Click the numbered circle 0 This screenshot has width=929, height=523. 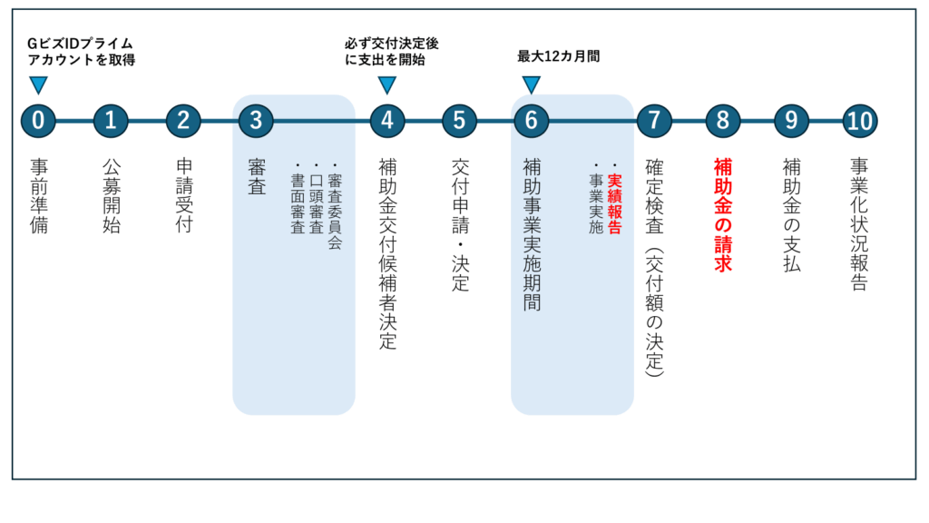pos(38,121)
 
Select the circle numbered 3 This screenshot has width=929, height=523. pos(256,121)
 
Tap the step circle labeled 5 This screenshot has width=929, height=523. pos(460,121)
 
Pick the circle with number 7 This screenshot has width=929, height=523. pos(654,121)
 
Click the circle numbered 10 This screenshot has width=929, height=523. pos(860,121)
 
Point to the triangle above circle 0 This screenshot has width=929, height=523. pos(38,84)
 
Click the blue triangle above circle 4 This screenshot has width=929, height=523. pos(386,84)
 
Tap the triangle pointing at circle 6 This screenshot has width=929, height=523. pos(532,84)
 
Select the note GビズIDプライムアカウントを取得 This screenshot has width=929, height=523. pos(81,52)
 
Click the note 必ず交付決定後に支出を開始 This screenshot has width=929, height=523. pos(392,52)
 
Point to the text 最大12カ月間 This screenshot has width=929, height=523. pos(559,56)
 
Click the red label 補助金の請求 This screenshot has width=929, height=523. pos(723,214)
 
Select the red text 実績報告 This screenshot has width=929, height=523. pos(615,203)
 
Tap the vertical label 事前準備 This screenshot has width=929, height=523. pos(39,196)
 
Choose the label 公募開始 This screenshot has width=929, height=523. pos(112,196)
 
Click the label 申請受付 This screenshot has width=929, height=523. pos(184,196)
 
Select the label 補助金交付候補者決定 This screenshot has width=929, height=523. pos(387,253)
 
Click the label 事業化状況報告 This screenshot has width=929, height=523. pos(859,224)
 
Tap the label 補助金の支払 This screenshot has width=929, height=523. pos(791,214)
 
